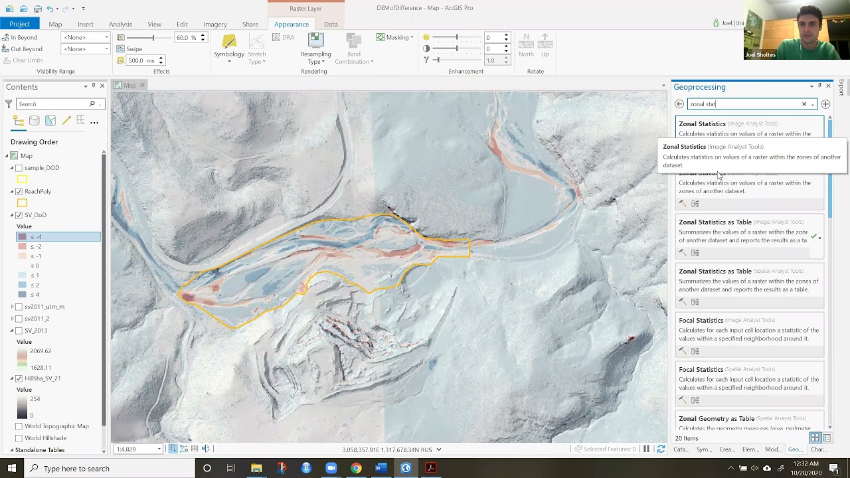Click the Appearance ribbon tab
point(291,25)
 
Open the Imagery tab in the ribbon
point(214,25)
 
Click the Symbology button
point(229,47)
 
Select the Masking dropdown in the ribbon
point(395,37)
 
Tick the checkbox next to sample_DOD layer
point(19,168)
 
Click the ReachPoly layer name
point(38,192)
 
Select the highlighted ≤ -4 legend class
point(58,237)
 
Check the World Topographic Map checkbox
point(19,426)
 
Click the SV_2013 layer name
point(36,331)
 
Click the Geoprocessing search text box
point(744,104)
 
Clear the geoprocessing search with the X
point(804,104)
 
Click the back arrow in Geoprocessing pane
point(679,104)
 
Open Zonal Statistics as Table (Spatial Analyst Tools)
point(715,272)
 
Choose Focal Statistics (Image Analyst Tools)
point(701,321)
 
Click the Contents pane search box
point(52,104)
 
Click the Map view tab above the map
point(129,86)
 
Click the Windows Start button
point(12,469)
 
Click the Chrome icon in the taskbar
point(356,469)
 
